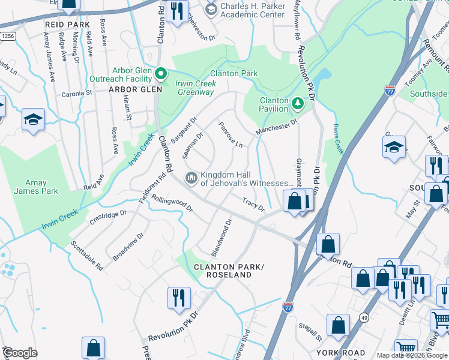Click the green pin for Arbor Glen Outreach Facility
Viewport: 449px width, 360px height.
[161, 74]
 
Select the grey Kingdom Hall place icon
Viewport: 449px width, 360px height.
[191, 177]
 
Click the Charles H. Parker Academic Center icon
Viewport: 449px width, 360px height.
[210, 9]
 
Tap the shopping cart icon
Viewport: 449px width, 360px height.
[406, 347]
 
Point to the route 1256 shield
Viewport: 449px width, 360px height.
[8, 37]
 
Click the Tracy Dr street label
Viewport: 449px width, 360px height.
[253, 205]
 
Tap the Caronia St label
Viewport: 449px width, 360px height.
[76, 94]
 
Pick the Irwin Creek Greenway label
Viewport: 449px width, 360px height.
[194, 88]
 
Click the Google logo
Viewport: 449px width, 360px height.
[20, 352]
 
